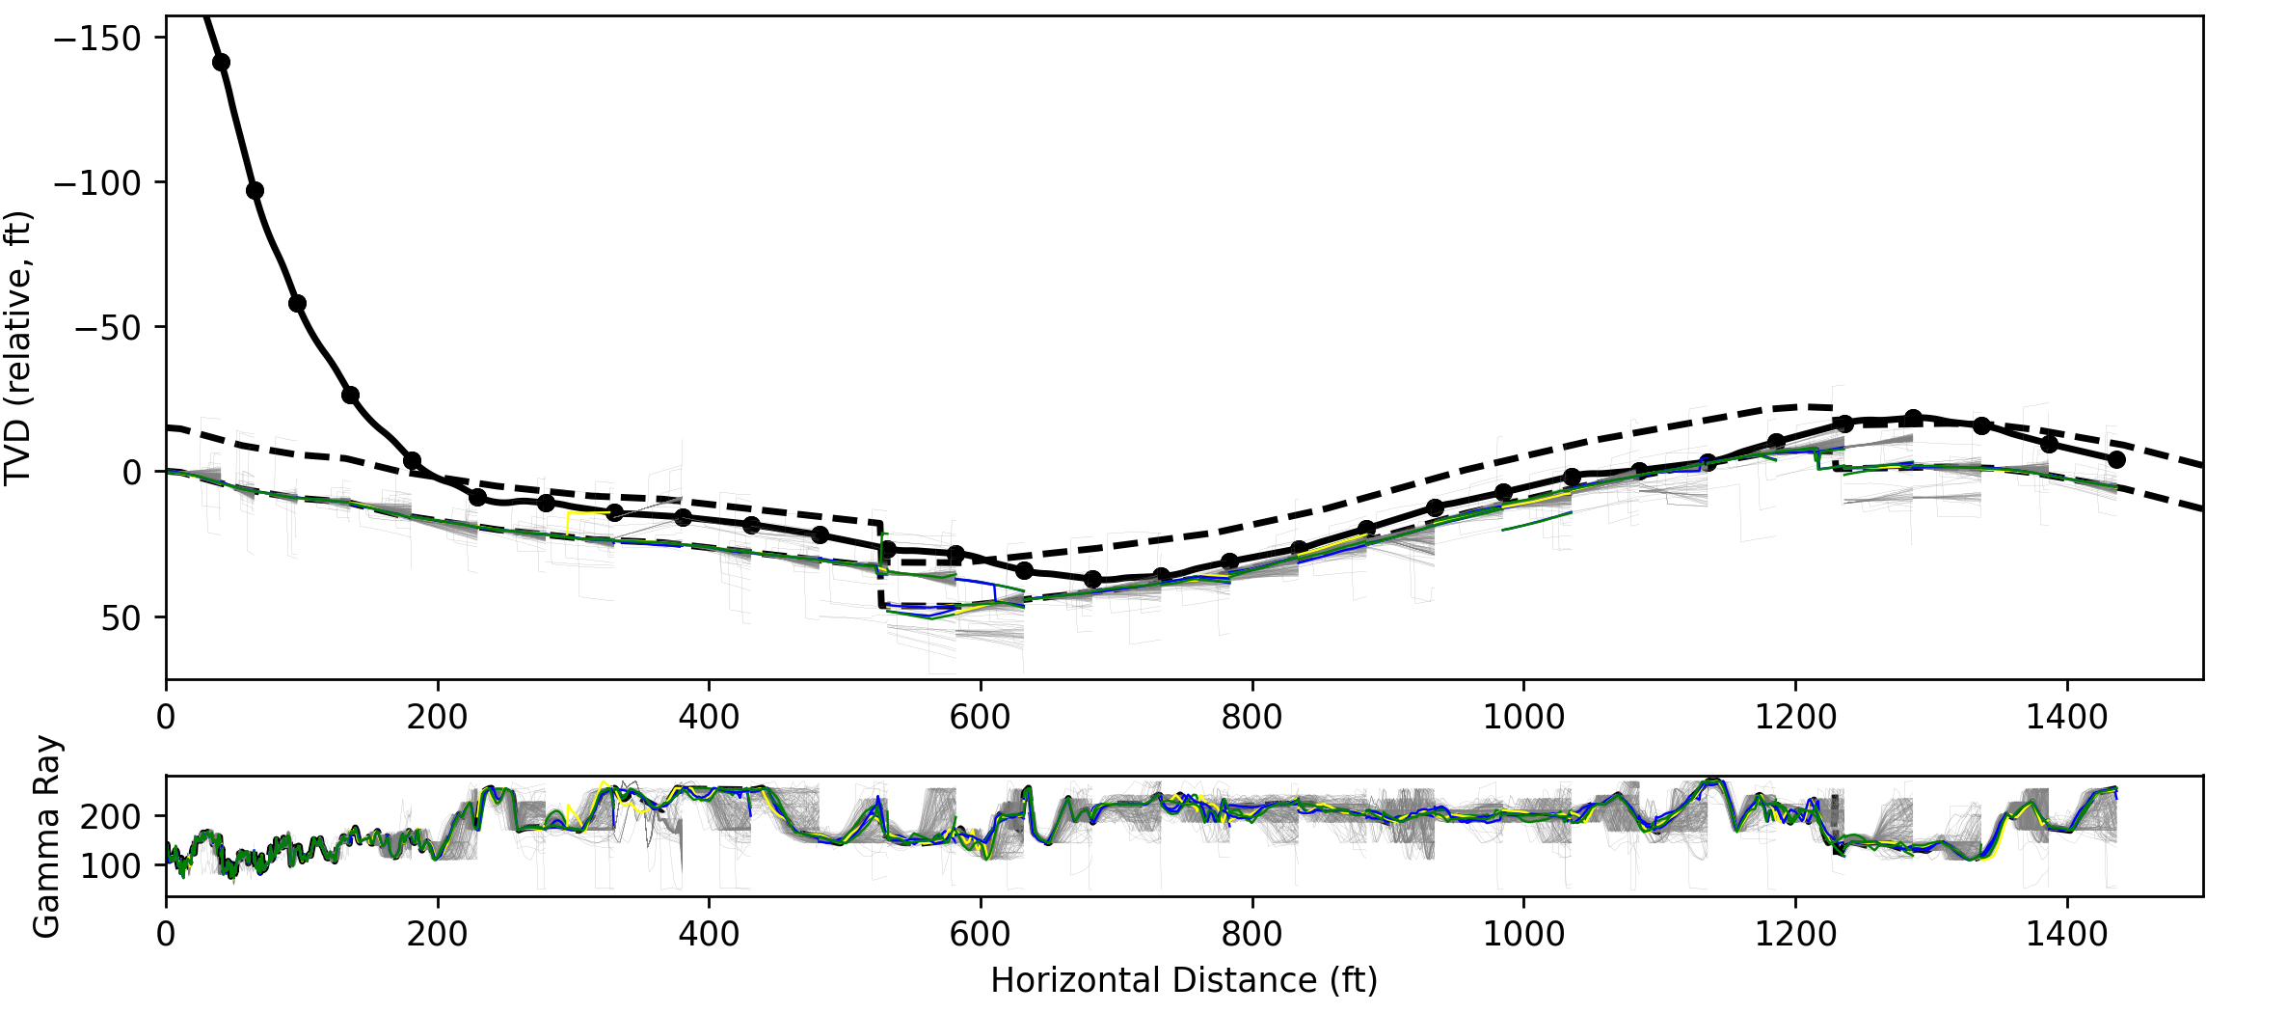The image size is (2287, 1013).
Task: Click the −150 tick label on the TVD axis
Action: click(x=96, y=39)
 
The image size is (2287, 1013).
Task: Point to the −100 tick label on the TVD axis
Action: click(x=96, y=182)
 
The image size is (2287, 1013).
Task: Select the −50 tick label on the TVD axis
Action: click(x=108, y=327)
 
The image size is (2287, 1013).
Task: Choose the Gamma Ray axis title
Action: click(x=46, y=836)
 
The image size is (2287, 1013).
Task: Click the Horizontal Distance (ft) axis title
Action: click(x=1184, y=980)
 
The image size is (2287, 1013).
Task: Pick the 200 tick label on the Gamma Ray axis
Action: click(x=110, y=816)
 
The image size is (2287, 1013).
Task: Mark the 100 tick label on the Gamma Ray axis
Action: click(x=110, y=865)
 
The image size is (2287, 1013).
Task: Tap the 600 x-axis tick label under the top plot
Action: click(x=981, y=717)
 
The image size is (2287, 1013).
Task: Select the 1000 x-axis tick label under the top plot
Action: click(x=1523, y=717)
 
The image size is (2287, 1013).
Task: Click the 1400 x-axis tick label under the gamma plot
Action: click(x=2067, y=934)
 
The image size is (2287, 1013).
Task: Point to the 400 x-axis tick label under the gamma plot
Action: click(x=710, y=934)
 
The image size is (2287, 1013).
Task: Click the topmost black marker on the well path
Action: click(x=221, y=63)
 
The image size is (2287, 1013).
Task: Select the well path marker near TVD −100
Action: click(x=256, y=191)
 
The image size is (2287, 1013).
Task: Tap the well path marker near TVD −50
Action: click(x=297, y=304)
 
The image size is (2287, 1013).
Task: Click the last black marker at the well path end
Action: click(x=2116, y=459)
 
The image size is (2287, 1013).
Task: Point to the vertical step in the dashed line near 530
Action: click(x=880, y=564)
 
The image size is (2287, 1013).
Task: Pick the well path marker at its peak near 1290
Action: click(x=1913, y=418)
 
